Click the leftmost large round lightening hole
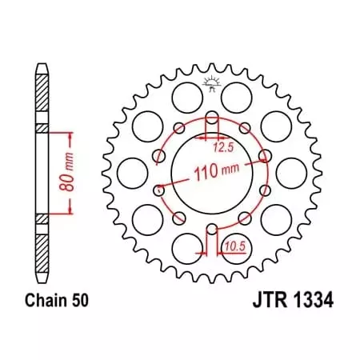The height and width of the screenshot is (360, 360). [130, 171]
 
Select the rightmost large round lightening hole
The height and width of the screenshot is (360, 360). [295, 171]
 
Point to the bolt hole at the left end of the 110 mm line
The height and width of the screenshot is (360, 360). [159, 190]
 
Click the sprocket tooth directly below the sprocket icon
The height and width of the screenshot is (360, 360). [213, 71]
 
